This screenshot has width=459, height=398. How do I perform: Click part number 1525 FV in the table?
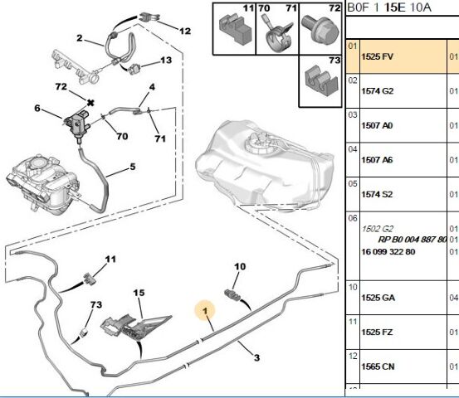pos(377,56)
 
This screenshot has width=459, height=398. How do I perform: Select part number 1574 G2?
pos(378,91)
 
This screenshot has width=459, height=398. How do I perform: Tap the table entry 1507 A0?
pos(377,125)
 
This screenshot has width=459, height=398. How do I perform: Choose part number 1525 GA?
pos(378,298)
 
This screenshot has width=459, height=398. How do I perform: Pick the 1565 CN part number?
pos(378,366)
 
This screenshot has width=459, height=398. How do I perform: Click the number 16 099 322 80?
pos(388,252)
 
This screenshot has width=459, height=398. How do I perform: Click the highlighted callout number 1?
pos(205,311)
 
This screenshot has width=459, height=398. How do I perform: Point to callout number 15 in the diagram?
pos(139,293)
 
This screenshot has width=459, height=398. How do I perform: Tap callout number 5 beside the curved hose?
pos(133,167)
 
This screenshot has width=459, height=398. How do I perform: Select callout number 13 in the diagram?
pos(166,60)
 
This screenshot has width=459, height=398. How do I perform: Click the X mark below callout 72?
pos(90,103)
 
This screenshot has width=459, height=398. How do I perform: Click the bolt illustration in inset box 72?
pos(321,31)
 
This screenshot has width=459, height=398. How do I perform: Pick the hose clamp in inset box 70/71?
pos(279,35)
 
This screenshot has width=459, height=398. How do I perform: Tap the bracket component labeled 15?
pos(134,326)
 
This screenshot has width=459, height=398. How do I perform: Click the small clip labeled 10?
pos(232,295)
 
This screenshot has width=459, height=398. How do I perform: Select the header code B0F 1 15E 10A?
pos(389,7)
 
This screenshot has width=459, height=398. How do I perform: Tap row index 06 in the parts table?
pos(353,218)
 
